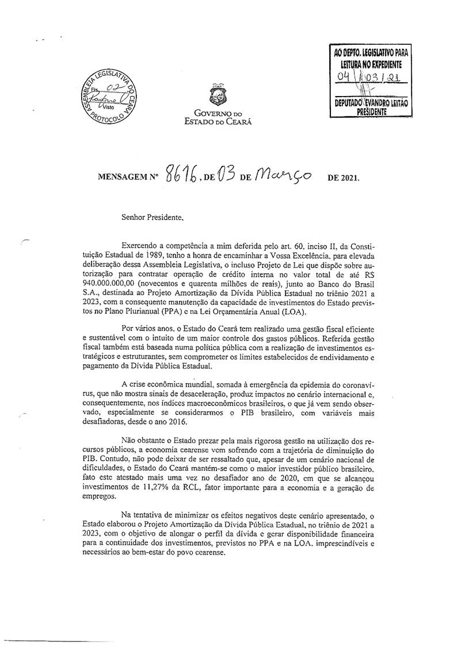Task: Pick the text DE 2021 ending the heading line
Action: (x=343, y=178)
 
